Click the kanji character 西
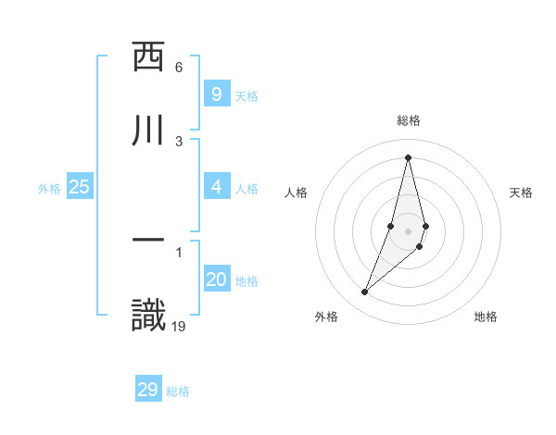[149, 58]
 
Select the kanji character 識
[149, 316]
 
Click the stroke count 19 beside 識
[179, 326]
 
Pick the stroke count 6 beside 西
[179, 68]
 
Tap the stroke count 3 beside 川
[179, 141]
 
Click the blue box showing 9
[216, 94]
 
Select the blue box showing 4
[216, 188]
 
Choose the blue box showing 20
[216, 280]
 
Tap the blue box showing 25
[80, 187]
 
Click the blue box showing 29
[148, 390]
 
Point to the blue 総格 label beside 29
[179, 391]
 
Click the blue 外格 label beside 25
[49, 189]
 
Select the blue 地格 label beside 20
[246, 281]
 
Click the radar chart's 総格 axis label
[409, 120]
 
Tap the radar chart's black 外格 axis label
[326, 317]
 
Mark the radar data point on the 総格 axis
[408, 156]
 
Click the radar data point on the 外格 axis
[364, 292]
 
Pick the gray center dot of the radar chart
[408, 231]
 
